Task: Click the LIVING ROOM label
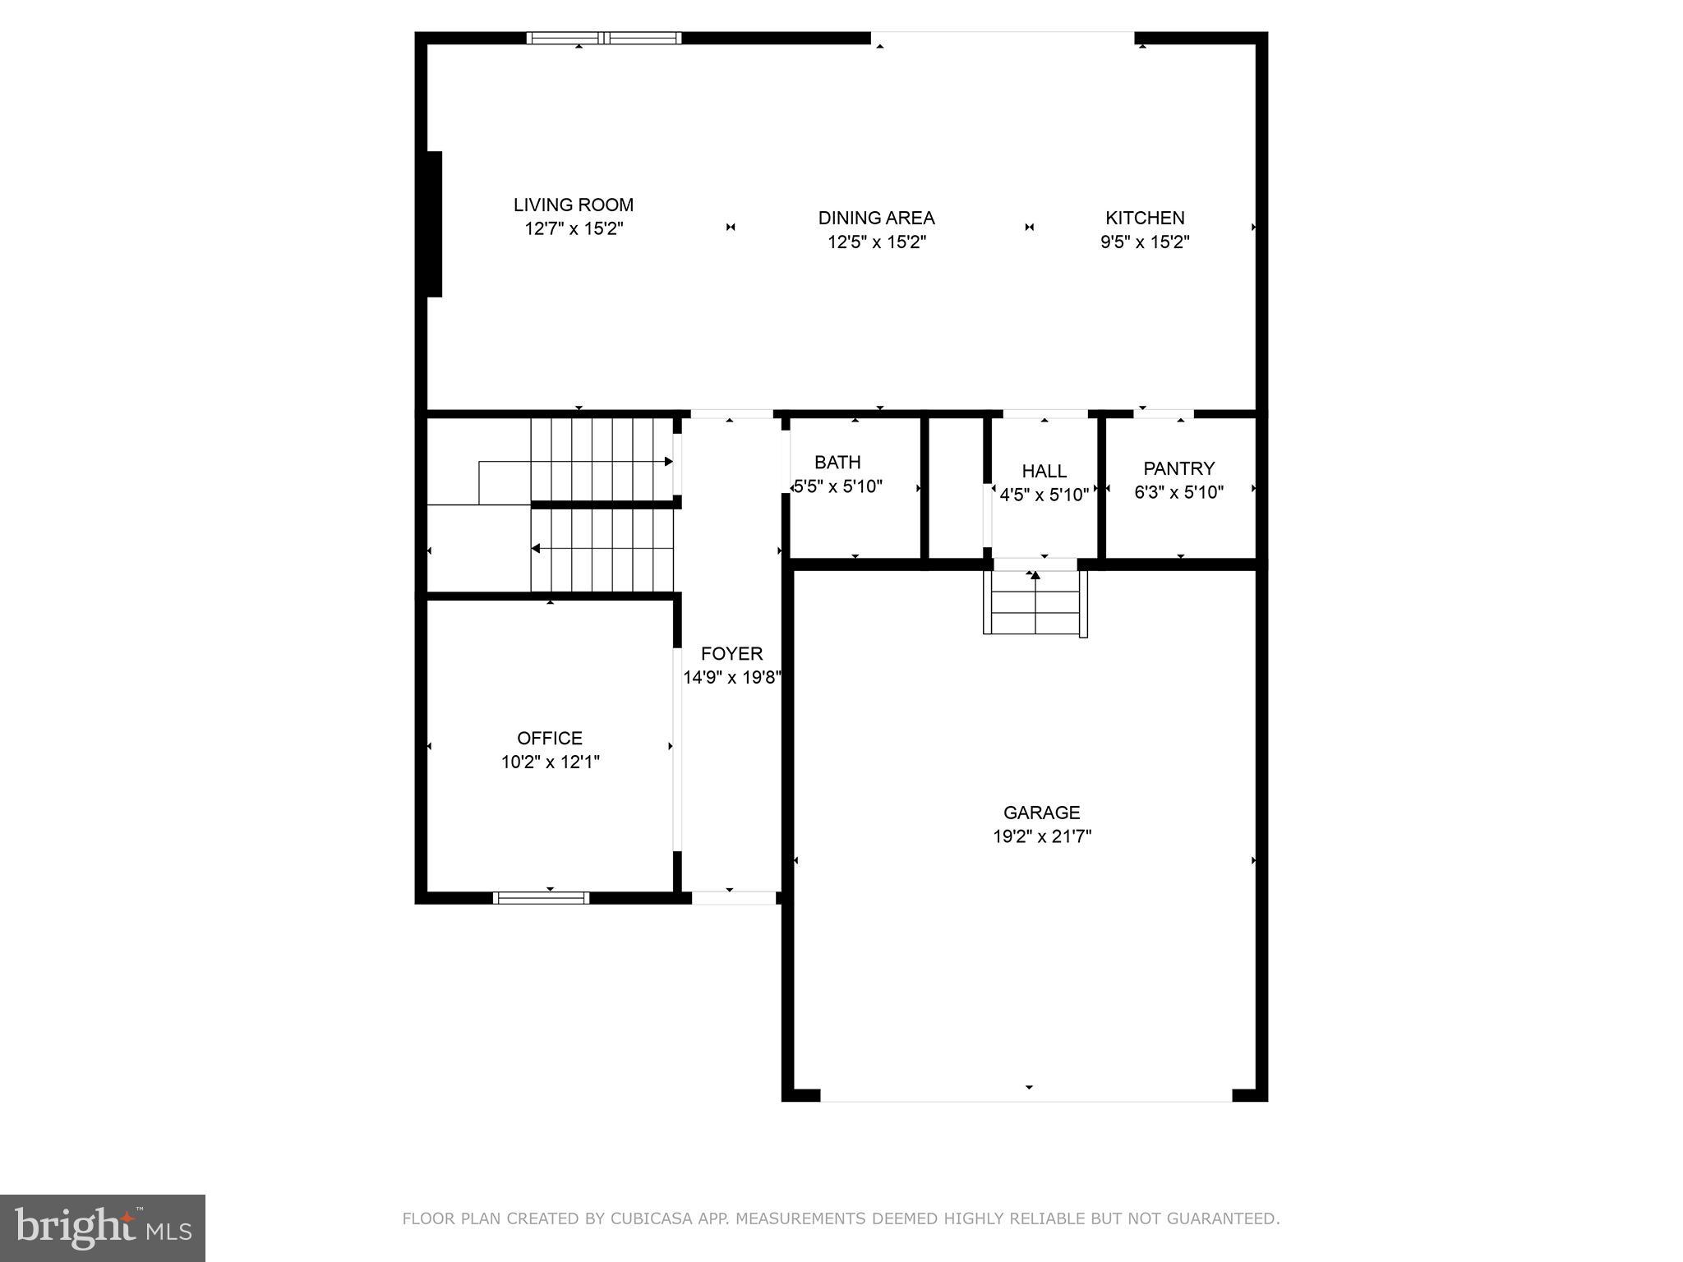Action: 573,205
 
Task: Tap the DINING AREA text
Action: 876,218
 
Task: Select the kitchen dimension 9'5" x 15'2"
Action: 1145,242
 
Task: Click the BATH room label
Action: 837,462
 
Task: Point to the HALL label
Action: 1044,471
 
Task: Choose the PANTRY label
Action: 1178,468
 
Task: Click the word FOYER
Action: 731,653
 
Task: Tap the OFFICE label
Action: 549,738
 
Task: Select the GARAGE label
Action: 1041,813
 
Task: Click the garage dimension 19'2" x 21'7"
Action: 1041,836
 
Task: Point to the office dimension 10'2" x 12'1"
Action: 550,762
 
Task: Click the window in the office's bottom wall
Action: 541,897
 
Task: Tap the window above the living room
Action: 603,38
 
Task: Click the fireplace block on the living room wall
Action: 434,223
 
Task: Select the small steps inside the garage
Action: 1035,602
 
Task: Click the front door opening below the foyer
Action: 733,898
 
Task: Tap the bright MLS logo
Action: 102,1227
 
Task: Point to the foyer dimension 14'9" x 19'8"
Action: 731,678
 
